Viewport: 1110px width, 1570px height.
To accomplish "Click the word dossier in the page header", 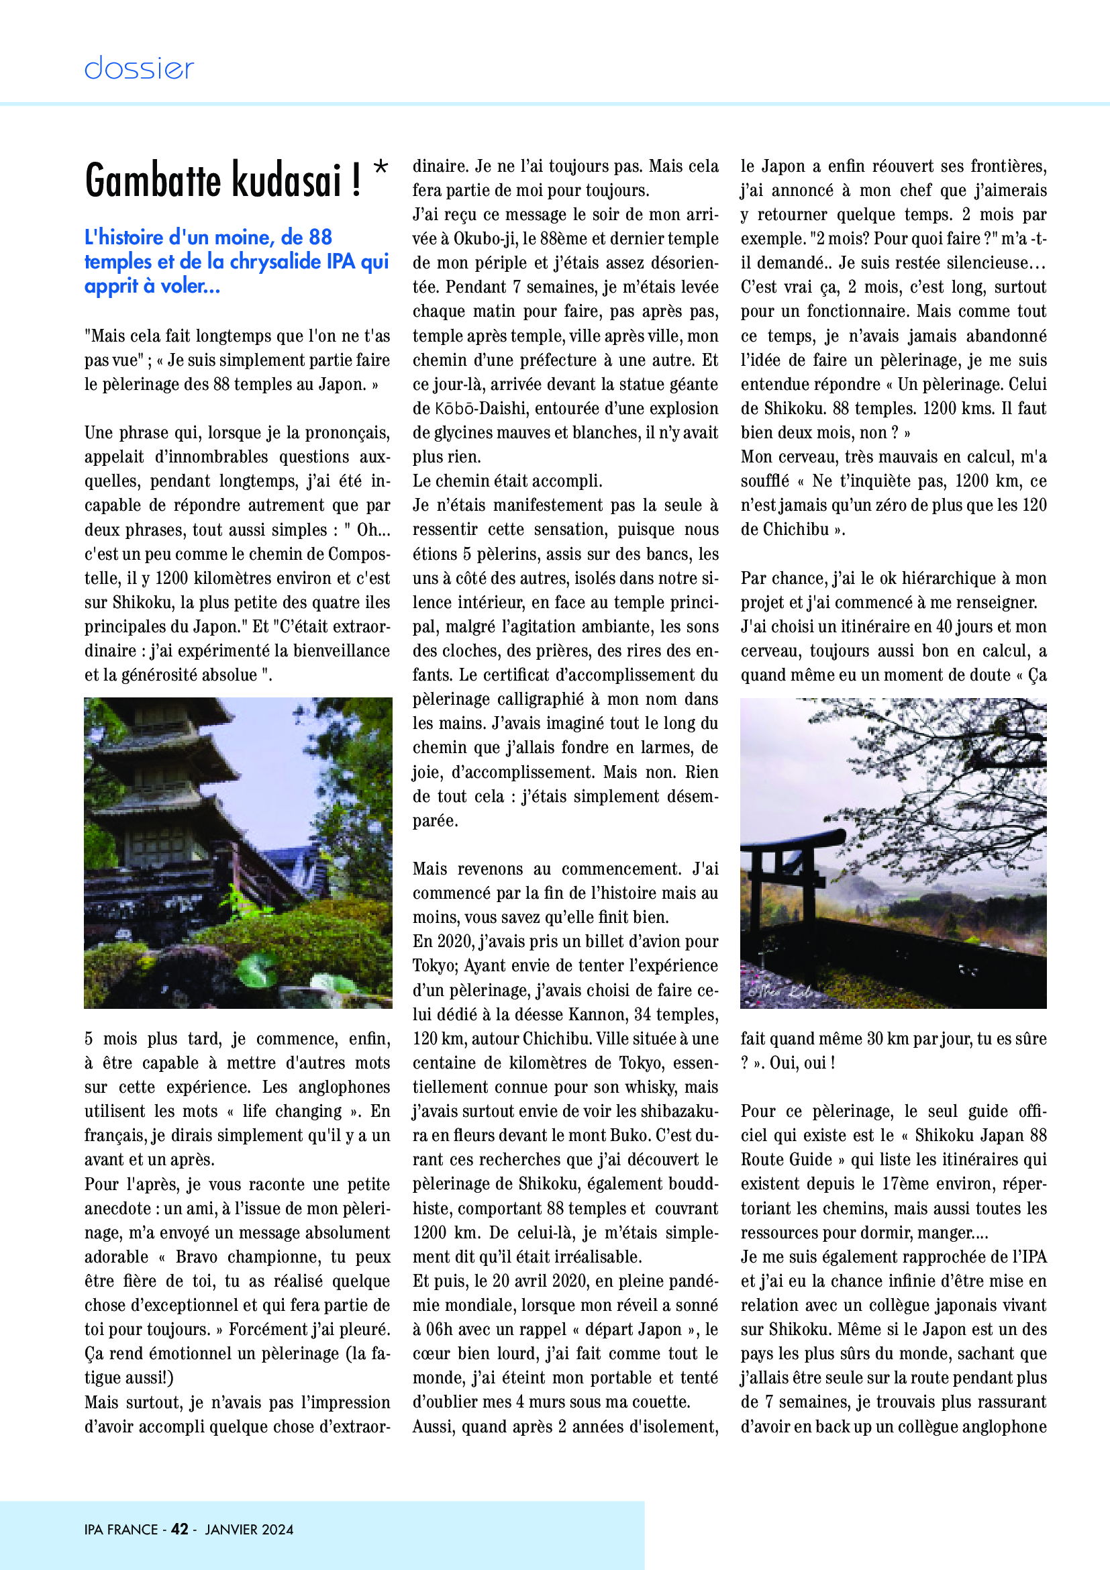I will [x=139, y=68].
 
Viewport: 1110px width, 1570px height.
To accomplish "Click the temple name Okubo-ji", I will [x=483, y=239].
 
